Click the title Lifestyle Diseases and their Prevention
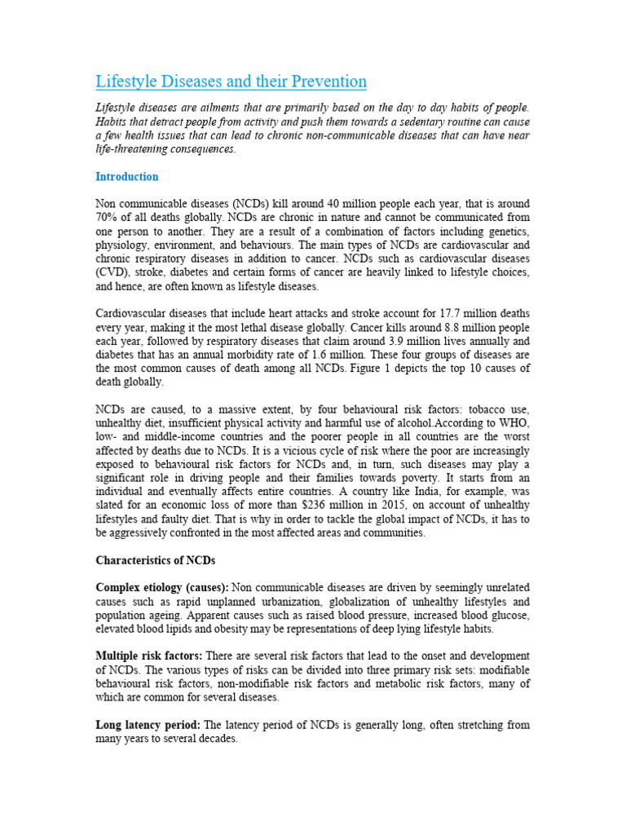[231, 82]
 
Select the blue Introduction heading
[126, 177]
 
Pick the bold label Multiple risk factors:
[149, 656]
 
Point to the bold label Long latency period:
[148, 725]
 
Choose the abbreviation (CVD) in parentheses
[114, 272]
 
